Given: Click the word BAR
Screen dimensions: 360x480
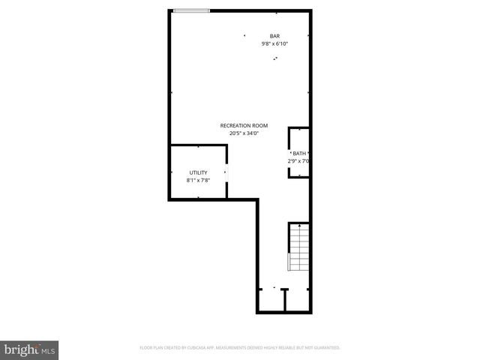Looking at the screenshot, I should point(274,36).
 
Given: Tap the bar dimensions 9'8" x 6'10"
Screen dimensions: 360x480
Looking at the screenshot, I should point(274,43).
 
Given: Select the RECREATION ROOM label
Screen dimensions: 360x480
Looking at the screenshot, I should point(244,125).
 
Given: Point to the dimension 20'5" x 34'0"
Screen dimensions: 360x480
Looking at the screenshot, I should point(244,133).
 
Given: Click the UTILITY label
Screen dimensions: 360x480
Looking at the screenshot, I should point(198,172).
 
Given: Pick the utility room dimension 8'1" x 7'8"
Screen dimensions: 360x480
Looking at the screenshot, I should point(198,180).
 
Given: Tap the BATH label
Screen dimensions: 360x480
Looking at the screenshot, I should point(299,153).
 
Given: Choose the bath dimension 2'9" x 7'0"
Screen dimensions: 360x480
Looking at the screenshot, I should point(298,160).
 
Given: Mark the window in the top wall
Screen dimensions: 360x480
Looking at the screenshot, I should point(191,10).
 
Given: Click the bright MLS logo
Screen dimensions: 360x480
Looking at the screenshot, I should point(30,349).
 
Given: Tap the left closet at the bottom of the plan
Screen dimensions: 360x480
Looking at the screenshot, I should point(271,299).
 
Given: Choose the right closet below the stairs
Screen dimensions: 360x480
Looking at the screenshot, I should point(298,299).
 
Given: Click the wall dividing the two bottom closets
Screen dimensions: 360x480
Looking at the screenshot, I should point(285,300).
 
